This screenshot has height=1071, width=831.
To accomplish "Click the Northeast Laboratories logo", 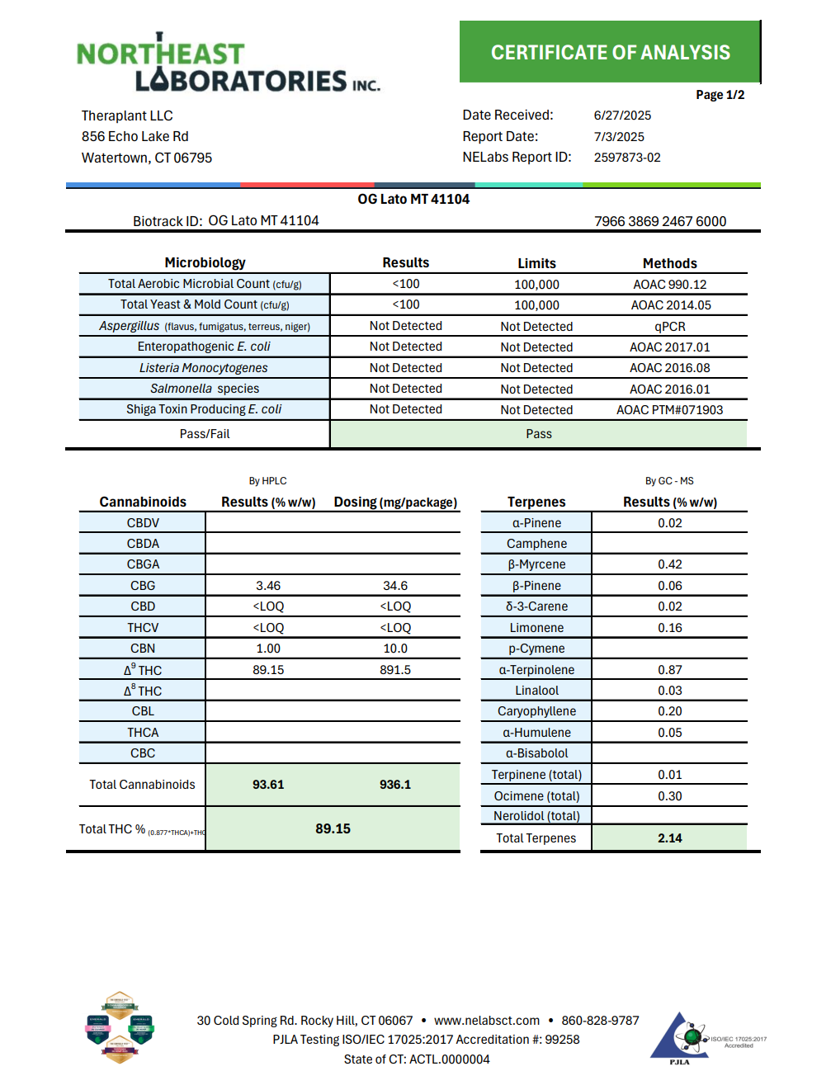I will tap(228, 64).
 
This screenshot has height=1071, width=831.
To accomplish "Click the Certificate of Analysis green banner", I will tap(610, 52).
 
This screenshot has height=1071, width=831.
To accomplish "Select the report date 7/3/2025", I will tap(619, 137).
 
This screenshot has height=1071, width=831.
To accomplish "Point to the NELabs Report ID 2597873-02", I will tap(627, 158).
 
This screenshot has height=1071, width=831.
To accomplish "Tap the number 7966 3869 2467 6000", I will tap(660, 221).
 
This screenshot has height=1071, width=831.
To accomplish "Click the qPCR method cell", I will tap(669, 327).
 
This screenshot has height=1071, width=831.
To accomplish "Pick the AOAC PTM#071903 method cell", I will tap(669, 410).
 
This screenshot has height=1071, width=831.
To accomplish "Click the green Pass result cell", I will tap(538, 434).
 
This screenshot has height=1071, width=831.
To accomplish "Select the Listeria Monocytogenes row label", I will tap(204, 368).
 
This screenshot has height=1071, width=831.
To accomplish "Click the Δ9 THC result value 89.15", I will tap(268, 670).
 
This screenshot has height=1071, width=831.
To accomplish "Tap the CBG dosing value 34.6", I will tap(395, 586).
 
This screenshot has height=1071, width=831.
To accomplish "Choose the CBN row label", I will tap(143, 649).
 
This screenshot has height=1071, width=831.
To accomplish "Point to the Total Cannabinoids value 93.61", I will tap(268, 785).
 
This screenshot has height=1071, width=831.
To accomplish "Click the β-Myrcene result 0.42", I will tap(669, 564).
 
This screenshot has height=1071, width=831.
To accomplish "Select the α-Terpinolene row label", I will tap(536, 670).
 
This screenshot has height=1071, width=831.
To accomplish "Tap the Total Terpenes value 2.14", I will tap(669, 838).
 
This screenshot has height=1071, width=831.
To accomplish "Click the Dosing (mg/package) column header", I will tap(395, 502).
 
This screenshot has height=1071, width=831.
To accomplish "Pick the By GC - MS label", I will tap(669, 481).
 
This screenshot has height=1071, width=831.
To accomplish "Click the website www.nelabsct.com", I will tap(487, 1021).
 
